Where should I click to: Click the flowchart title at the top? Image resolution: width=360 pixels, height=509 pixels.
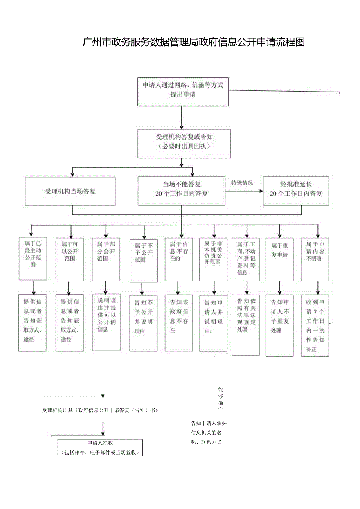pos(193,42)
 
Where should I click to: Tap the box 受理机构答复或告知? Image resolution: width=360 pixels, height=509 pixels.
pos(184,144)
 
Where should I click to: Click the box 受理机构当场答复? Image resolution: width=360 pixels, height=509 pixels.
pos(70,191)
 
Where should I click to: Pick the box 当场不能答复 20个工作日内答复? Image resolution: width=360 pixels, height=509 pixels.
pos(181,191)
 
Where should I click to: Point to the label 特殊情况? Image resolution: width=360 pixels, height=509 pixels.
pos(242,183)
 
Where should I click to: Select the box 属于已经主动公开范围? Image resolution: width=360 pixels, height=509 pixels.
pos(33,258)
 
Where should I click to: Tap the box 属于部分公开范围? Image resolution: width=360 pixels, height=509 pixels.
pos(106,258)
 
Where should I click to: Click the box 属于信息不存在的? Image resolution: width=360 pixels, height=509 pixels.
pos(178,259)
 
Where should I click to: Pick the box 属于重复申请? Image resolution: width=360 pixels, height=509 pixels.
pos(279,259)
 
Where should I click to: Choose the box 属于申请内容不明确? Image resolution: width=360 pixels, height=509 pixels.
pos(315,259)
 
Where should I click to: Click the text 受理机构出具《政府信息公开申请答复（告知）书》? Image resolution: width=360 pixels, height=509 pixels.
pos(100,411)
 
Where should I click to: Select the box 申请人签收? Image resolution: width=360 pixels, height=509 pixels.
pos(100,448)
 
